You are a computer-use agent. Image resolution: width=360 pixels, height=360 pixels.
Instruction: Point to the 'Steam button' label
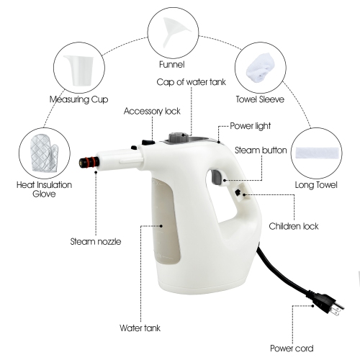point(261,150)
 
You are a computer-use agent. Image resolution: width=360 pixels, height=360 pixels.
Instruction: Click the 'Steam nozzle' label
point(95,241)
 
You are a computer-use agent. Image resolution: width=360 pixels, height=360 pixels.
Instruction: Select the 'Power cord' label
point(292,348)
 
